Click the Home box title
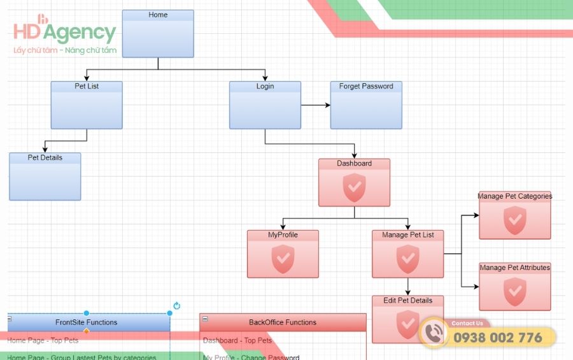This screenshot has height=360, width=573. pyautogui.click(x=158, y=15)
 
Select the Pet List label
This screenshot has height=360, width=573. pyautogui.click(x=87, y=86)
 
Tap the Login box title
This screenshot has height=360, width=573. pyautogui.click(x=265, y=86)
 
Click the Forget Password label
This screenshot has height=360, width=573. pyautogui.click(x=366, y=86)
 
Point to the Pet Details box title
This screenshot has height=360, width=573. pyautogui.click(x=45, y=157)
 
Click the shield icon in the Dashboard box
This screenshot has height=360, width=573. pyautogui.click(x=354, y=186)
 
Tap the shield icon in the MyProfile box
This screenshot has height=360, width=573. pyautogui.click(x=283, y=257)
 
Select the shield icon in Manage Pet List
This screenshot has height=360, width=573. pyautogui.click(x=407, y=257)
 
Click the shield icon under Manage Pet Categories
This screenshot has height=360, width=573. pyautogui.click(x=514, y=220)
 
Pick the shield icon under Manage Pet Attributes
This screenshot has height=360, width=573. pyautogui.click(x=514, y=291)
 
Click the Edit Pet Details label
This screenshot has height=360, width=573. pyautogui.click(x=407, y=300)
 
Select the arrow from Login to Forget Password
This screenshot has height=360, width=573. pyautogui.click(x=315, y=105)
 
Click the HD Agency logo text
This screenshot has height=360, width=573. pyautogui.click(x=64, y=32)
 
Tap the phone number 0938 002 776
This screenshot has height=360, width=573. pyautogui.click(x=497, y=338)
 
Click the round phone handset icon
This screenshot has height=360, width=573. pyautogui.click(x=434, y=333)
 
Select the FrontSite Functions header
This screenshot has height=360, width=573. pyautogui.click(x=87, y=322)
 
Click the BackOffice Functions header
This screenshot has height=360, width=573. pyautogui.click(x=283, y=322)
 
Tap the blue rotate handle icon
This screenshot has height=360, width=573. pyautogui.click(x=177, y=306)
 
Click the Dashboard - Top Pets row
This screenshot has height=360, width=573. pyautogui.click(x=237, y=340)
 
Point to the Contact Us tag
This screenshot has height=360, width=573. pyautogui.click(x=467, y=323)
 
